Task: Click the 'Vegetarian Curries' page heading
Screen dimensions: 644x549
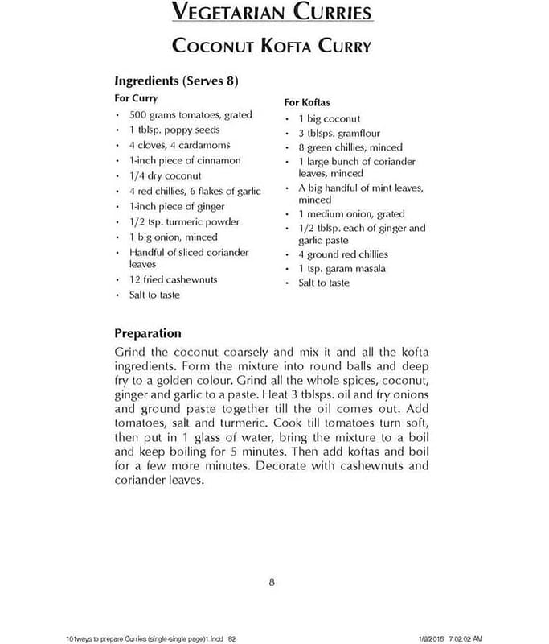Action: click(272, 13)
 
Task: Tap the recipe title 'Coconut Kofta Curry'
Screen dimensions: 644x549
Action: click(272, 46)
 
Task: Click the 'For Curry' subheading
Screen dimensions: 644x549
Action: click(136, 98)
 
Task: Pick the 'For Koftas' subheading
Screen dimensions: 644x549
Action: click(307, 102)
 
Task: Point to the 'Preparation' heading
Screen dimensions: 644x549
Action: click(148, 333)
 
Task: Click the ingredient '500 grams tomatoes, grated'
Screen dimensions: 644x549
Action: click(190, 114)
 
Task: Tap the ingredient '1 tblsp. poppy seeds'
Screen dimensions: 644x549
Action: click(174, 130)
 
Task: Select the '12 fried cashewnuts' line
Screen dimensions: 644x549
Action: click(173, 279)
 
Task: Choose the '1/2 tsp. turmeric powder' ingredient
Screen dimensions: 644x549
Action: click(184, 221)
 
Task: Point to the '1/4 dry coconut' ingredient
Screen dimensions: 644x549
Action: click(165, 175)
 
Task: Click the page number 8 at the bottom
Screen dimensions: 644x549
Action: click(272, 583)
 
